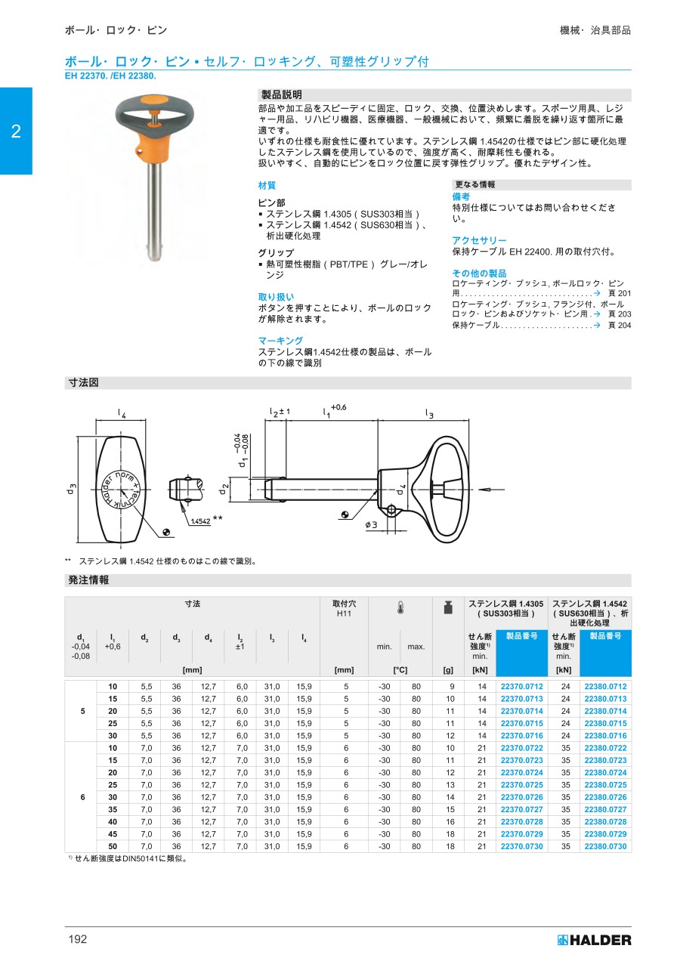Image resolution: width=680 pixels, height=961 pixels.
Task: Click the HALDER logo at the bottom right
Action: click(594, 940)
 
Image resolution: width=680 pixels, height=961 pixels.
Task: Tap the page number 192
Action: click(78, 939)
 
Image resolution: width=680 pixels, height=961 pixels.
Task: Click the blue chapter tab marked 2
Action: click(16, 131)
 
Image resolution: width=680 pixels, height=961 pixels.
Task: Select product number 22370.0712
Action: click(521, 687)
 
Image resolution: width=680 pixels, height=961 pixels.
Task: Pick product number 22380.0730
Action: click(605, 846)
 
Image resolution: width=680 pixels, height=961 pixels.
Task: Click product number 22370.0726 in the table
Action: click(521, 797)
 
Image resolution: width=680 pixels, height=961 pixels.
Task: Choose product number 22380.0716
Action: click(605, 736)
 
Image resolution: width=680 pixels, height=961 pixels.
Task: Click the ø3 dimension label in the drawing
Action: click(372, 524)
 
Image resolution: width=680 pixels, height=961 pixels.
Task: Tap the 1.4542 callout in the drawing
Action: click(200, 521)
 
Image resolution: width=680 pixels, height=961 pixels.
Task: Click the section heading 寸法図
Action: click(83, 383)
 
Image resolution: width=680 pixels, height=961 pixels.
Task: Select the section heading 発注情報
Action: click(88, 580)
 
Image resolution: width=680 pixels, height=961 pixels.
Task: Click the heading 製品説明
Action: click(281, 94)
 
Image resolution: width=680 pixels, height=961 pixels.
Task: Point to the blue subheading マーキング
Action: click(280, 341)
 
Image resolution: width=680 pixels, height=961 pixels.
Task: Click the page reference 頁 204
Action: click(619, 325)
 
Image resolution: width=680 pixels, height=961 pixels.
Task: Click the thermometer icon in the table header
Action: click(400, 607)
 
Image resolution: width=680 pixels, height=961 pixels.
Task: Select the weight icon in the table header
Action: click(447, 607)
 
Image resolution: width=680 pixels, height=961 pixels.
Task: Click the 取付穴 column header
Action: click(344, 608)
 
